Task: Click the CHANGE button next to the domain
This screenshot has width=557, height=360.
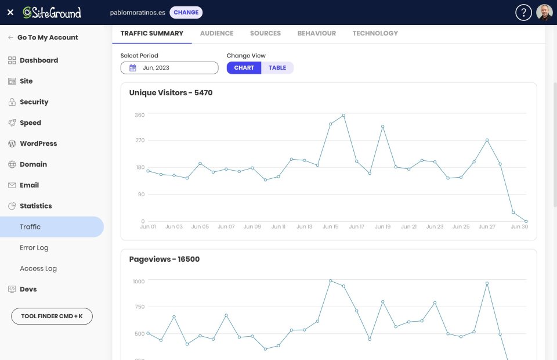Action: [186, 12]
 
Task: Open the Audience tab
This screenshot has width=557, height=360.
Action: [216, 33]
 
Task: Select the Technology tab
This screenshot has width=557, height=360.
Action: [375, 33]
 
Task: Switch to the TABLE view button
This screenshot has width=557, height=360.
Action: [277, 68]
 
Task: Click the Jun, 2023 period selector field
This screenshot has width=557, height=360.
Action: [169, 68]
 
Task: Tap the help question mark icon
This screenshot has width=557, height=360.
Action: [523, 13]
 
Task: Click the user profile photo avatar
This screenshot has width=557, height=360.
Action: [544, 13]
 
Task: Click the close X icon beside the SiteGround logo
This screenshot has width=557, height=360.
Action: [10, 12]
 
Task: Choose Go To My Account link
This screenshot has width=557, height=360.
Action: [48, 37]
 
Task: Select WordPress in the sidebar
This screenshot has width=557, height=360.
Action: [38, 143]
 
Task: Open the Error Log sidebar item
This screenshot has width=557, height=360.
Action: [34, 247]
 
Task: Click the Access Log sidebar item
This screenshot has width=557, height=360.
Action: [38, 268]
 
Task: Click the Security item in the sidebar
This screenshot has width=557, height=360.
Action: [34, 102]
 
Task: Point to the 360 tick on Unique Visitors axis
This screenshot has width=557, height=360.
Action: [139, 115]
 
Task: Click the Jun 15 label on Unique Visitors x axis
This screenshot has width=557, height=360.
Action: [330, 227]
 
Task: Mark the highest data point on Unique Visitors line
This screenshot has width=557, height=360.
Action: [343, 115]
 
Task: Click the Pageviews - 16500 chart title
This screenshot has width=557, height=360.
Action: [164, 259]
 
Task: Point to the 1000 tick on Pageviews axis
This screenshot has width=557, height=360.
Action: [138, 281]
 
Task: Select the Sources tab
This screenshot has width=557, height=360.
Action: [265, 33]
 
